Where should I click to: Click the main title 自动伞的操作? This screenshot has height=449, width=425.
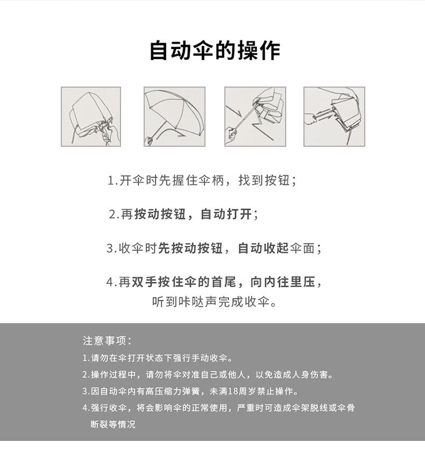215,51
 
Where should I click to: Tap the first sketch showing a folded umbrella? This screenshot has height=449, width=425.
91,117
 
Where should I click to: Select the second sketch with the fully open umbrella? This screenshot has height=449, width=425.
174,117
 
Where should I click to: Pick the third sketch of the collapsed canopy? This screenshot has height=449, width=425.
255,117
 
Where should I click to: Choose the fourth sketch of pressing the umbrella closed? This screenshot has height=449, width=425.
334,117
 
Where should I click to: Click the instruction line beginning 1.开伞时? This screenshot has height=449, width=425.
202,180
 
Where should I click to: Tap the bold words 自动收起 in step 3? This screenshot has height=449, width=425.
263,248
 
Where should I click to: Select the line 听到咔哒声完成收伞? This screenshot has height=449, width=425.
214,302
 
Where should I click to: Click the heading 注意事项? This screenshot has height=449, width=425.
107,341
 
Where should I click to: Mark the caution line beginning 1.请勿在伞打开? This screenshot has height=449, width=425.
158,358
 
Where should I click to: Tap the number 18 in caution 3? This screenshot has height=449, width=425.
233,391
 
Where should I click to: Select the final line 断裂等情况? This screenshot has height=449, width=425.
113,424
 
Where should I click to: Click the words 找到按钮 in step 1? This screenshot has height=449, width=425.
264,180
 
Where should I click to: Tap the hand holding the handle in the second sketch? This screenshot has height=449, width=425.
150,141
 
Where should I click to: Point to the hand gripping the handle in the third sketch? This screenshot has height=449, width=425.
231,135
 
